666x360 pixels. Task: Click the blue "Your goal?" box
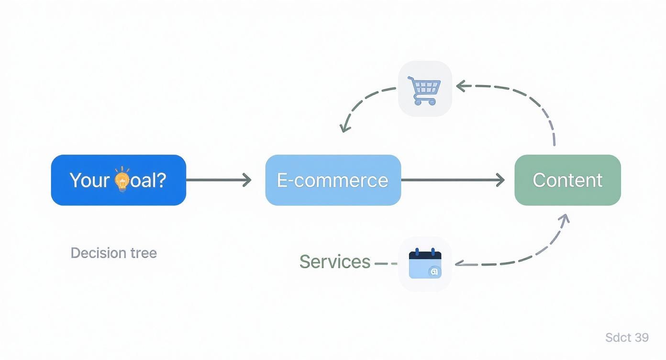[118, 180]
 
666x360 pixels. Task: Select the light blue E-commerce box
[333, 180]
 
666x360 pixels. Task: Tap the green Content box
[567, 180]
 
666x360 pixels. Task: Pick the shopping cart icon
[425, 89]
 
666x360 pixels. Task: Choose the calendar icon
[425, 263]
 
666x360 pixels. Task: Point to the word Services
[334, 262]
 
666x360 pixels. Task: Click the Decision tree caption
[113, 253]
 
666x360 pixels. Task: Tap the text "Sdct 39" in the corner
[627, 337]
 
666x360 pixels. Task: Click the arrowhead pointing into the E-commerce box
[247, 180]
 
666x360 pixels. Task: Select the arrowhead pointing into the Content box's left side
[500, 180]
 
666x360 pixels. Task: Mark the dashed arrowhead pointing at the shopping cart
[460, 86]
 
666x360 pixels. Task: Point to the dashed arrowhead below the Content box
[565, 219]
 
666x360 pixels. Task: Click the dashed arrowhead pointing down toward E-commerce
[344, 127]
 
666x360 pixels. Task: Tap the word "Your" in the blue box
[89, 180]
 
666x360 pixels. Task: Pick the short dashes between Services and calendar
[386, 263]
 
